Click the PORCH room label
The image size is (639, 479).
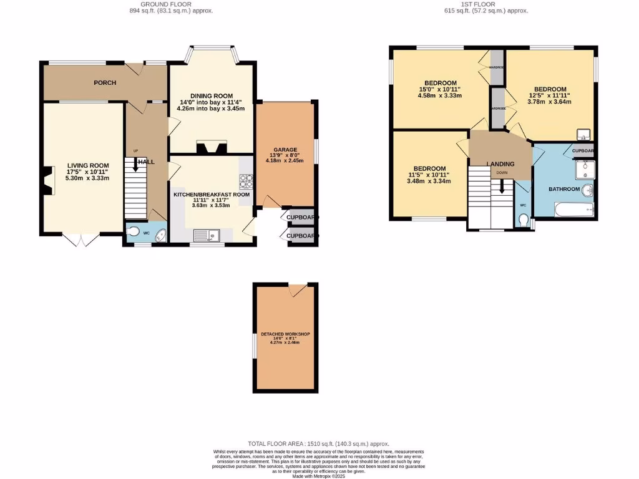click(x=106, y=83)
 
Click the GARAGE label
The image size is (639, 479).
click(x=284, y=150)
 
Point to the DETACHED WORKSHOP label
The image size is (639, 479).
click(x=285, y=334)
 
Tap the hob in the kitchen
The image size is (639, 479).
click(x=245, y=181)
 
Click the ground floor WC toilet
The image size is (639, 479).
click(x=133, y=232)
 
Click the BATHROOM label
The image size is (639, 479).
click(x=564, y=189)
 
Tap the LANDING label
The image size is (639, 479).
click(x=500, y=164)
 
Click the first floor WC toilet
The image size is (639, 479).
click(x=524, y=221)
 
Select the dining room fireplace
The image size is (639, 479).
click(x=210, y=148)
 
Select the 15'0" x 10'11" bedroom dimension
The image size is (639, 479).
click(x=440, y=89)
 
